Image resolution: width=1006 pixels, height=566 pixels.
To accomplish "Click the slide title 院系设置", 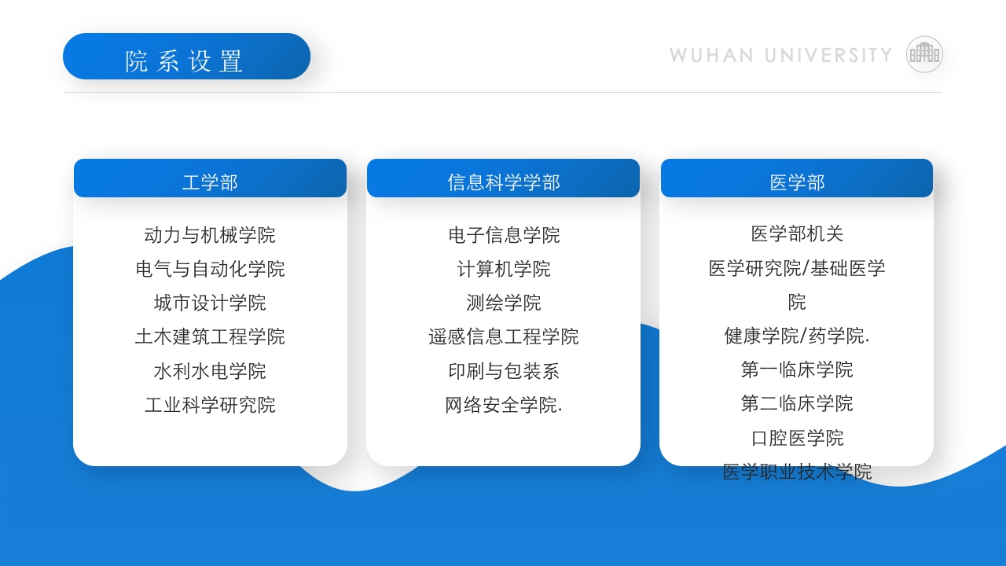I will (185, 60).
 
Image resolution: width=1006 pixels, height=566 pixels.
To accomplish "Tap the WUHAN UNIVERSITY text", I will (780, 55).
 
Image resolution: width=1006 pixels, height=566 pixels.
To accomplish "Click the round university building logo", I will (924, 54).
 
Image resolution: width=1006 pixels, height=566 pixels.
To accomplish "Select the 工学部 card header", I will (210, 182).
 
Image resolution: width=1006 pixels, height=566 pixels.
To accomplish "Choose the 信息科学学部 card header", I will (503, 182).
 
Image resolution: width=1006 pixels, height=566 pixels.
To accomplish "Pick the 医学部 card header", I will (797, 182).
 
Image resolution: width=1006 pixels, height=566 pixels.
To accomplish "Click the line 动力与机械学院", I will (210, 235).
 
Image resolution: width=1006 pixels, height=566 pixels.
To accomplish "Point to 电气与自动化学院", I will (210, 269).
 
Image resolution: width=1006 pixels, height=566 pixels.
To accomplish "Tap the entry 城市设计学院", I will (210, 303).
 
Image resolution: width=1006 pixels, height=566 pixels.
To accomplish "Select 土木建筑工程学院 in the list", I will (210, 336).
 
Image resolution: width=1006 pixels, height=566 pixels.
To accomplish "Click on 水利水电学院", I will (210, 370).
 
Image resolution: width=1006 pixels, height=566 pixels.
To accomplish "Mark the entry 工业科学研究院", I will (210, 405).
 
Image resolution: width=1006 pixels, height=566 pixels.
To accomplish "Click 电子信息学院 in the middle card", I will (504, 235).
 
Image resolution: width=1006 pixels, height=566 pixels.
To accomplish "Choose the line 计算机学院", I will (504, 269).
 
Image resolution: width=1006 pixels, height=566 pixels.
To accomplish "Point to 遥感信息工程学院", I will (504, 336).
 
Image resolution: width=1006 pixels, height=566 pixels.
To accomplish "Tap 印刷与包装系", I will (504, 370).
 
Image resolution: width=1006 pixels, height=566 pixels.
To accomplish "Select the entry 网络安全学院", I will (504, 405).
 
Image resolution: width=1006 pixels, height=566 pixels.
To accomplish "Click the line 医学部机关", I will (797, 233).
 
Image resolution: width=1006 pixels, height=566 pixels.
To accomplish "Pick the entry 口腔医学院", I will (797, 437).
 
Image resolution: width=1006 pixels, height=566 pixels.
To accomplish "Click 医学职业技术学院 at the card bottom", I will (797, 472).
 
